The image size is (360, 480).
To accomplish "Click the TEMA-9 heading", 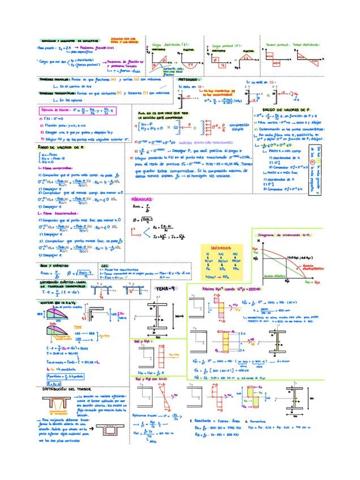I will point(165,289).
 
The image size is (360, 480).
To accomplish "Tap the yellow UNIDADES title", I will point(221,248).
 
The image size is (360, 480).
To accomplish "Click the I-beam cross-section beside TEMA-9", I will point(157,315).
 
